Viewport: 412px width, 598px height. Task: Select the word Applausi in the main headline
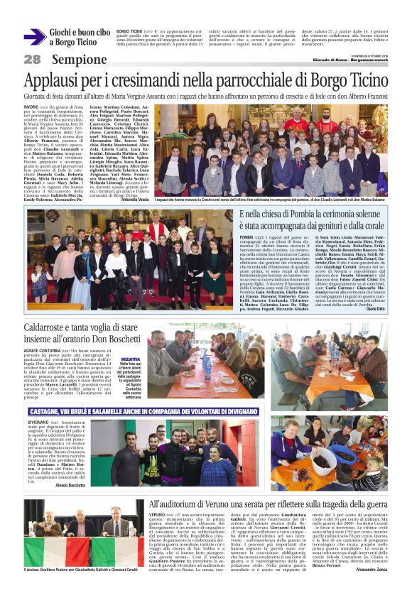(58, 80)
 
